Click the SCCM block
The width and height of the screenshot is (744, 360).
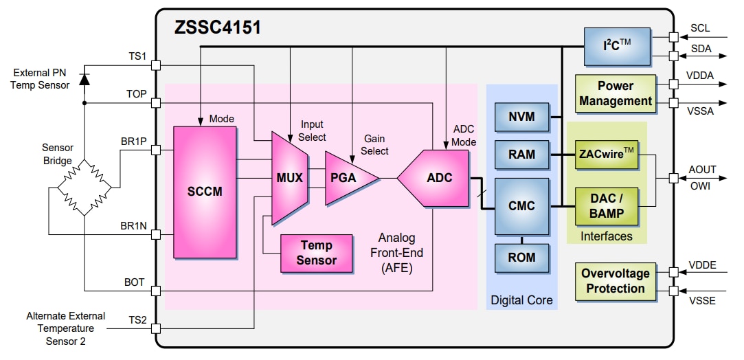coord(205,192)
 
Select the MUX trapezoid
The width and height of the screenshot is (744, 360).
coord(289,178)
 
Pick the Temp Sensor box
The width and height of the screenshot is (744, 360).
coord(316,253)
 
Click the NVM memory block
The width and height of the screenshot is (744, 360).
coord(521,116)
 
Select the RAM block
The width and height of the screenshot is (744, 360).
coord(521,155)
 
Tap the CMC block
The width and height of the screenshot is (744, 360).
coord(521,205)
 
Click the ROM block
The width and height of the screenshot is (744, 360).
coord(521,258)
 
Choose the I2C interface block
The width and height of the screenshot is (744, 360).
coord(616,47)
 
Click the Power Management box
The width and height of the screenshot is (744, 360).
coord(615,93)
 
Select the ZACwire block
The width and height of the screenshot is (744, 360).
coord(607,155)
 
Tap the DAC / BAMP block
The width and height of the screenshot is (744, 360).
coord(607,205)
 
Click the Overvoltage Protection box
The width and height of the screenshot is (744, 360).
coord(615,281)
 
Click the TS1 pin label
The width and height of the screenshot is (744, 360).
coord(136,56)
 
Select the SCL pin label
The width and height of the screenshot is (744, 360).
coord(699,28)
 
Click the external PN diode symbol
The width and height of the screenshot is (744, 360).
coord(84,78)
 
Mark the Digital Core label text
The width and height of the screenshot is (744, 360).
coord(521,300)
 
